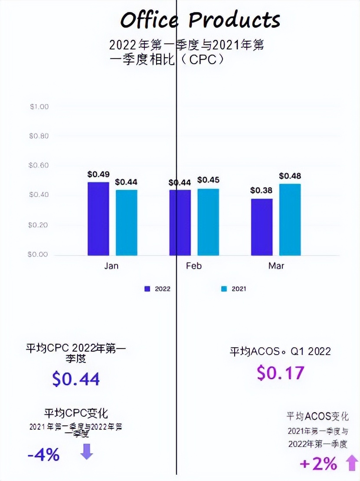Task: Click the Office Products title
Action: coord(200,20)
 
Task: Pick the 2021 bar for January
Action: coord(126,222)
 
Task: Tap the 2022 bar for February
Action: coord(180,222)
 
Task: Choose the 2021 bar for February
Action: coord(208,222)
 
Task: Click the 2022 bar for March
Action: coord(262,227)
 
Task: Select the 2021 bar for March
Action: coord(290,219)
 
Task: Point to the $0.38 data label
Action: coord(262,190)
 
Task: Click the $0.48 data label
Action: coord(290,176)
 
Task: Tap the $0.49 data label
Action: coord(98,174)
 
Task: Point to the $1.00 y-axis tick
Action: coord(39,107)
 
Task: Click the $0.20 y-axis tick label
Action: coord(39,225)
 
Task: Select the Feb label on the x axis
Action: coord(194,266)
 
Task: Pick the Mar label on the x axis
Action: coord(276,266)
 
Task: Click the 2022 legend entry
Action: coord(158,289)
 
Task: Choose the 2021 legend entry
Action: coord(234,289)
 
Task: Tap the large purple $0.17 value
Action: coord(281,372)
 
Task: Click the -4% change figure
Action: coord(43,455)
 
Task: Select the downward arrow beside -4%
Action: coord(87,451)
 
